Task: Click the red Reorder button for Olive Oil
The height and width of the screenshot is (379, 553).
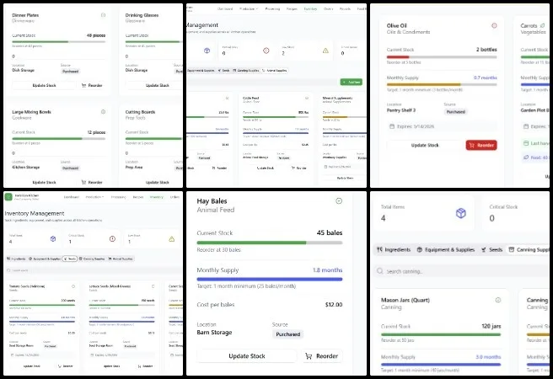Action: click(481, 145)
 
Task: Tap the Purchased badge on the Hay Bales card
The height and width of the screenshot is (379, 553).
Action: click(287, 334)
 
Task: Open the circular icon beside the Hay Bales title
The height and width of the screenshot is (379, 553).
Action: click(339, 201)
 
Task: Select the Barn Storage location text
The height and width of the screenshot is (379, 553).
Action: click(216, 334)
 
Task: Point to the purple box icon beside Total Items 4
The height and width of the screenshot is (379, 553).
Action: click(460, 213)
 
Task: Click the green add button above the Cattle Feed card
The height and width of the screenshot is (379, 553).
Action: click(352, 82)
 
